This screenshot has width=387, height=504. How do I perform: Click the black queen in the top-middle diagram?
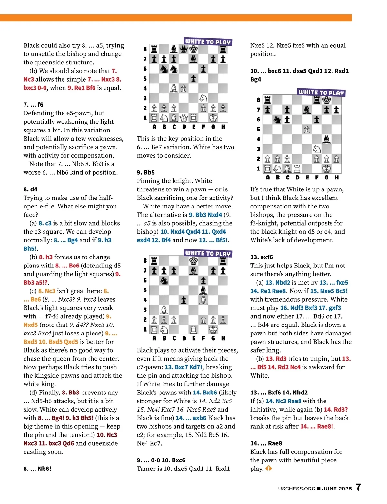click(184, 49)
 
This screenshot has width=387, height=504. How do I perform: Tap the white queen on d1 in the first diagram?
click(184, 118)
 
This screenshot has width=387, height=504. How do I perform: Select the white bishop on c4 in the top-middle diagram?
click(174, 88)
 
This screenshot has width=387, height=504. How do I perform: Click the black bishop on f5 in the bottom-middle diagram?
click(203, 290)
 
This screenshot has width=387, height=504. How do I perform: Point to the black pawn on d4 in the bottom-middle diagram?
click(184, 300)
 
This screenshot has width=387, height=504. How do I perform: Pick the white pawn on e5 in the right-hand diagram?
click(307, 129)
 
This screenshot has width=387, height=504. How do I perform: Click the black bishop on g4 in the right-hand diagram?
click(326, 139)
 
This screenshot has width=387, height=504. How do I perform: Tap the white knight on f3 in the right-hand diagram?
click(317, 149)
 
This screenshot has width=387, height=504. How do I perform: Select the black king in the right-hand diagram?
click(326, 100)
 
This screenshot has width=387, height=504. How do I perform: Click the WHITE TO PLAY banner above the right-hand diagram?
click(321, 92)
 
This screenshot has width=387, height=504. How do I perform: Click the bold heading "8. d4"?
click(31, 189)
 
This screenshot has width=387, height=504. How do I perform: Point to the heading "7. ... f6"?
click(33, 105)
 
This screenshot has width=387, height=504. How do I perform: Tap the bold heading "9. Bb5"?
click(146, 172)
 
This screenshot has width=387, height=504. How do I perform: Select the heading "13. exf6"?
click(262, 257)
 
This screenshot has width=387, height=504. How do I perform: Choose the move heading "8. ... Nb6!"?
click(37, 469)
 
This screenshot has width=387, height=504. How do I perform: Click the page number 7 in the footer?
click(358, 487)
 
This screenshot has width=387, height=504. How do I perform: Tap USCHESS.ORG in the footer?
click(296, 489)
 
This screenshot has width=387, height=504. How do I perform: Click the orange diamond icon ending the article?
click(269, 468)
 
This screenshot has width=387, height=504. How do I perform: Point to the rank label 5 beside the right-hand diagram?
click(258, 129)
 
